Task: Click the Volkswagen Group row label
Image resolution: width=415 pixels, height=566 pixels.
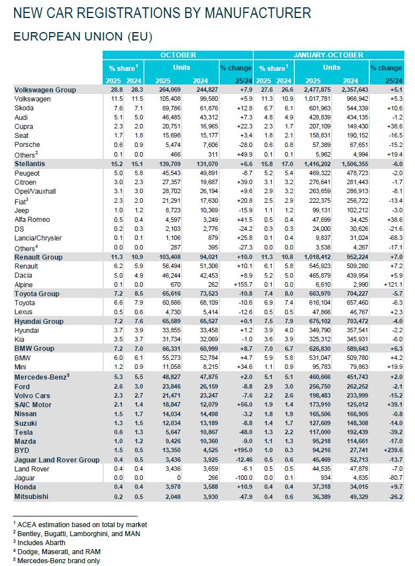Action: click(45, 90)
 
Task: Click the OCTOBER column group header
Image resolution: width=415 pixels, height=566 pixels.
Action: click(178, 55)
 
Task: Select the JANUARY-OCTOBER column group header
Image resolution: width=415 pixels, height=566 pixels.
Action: click(329, 55)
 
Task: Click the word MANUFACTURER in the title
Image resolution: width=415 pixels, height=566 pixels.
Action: click(250, 12)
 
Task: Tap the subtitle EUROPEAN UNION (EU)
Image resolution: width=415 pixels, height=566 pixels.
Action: click(82, 36)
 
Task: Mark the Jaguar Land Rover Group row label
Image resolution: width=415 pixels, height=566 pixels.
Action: click(56, 460)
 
